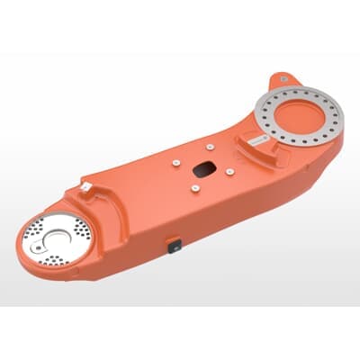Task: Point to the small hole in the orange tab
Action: click(285, 78)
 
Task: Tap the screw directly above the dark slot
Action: click(208, 147)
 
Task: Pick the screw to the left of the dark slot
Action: click(177, 163)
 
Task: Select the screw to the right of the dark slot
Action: click(231, 170)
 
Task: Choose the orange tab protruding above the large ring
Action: click(286, 77)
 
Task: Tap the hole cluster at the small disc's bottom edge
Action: click(56, 262)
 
